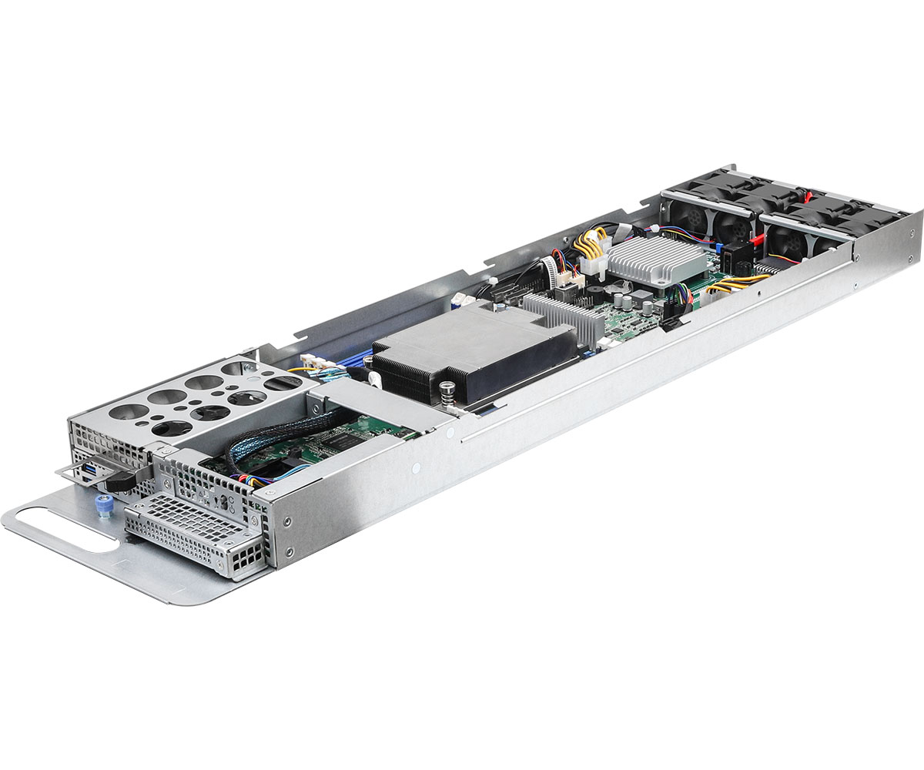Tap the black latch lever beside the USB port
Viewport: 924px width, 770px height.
(121, 480)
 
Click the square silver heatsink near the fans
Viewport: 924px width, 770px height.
(656, 259)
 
